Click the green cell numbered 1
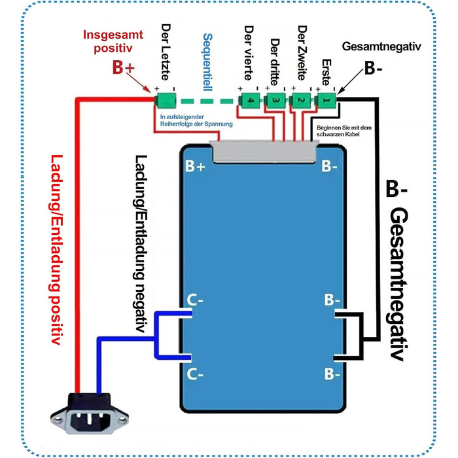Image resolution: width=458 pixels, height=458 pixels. (x=325, y=100)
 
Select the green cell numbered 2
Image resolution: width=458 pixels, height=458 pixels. (x=300, y=100)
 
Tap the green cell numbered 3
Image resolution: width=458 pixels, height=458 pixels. (x=275, y=100)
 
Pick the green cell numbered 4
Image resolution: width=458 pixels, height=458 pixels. (x=250, y=100)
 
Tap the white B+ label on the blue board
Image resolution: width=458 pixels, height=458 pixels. (x=196, y=167)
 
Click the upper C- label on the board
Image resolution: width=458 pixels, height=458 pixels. (x=196, y=300)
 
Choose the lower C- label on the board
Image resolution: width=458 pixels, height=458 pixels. (x=196, y=374)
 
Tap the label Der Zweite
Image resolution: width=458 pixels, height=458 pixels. (x=302, y=56)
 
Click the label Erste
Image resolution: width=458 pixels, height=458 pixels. (x=326, y=72)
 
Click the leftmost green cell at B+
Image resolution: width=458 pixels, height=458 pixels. (x=166, y=100)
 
